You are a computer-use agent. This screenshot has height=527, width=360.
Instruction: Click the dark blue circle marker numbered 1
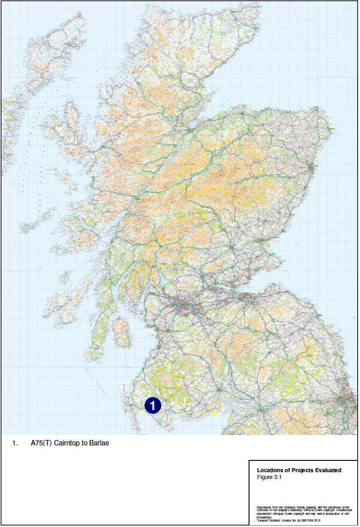click(153, 405)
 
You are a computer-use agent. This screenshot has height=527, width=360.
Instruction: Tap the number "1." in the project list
click(15, 443)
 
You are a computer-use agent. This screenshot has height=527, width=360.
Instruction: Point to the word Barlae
click(99, 443)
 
